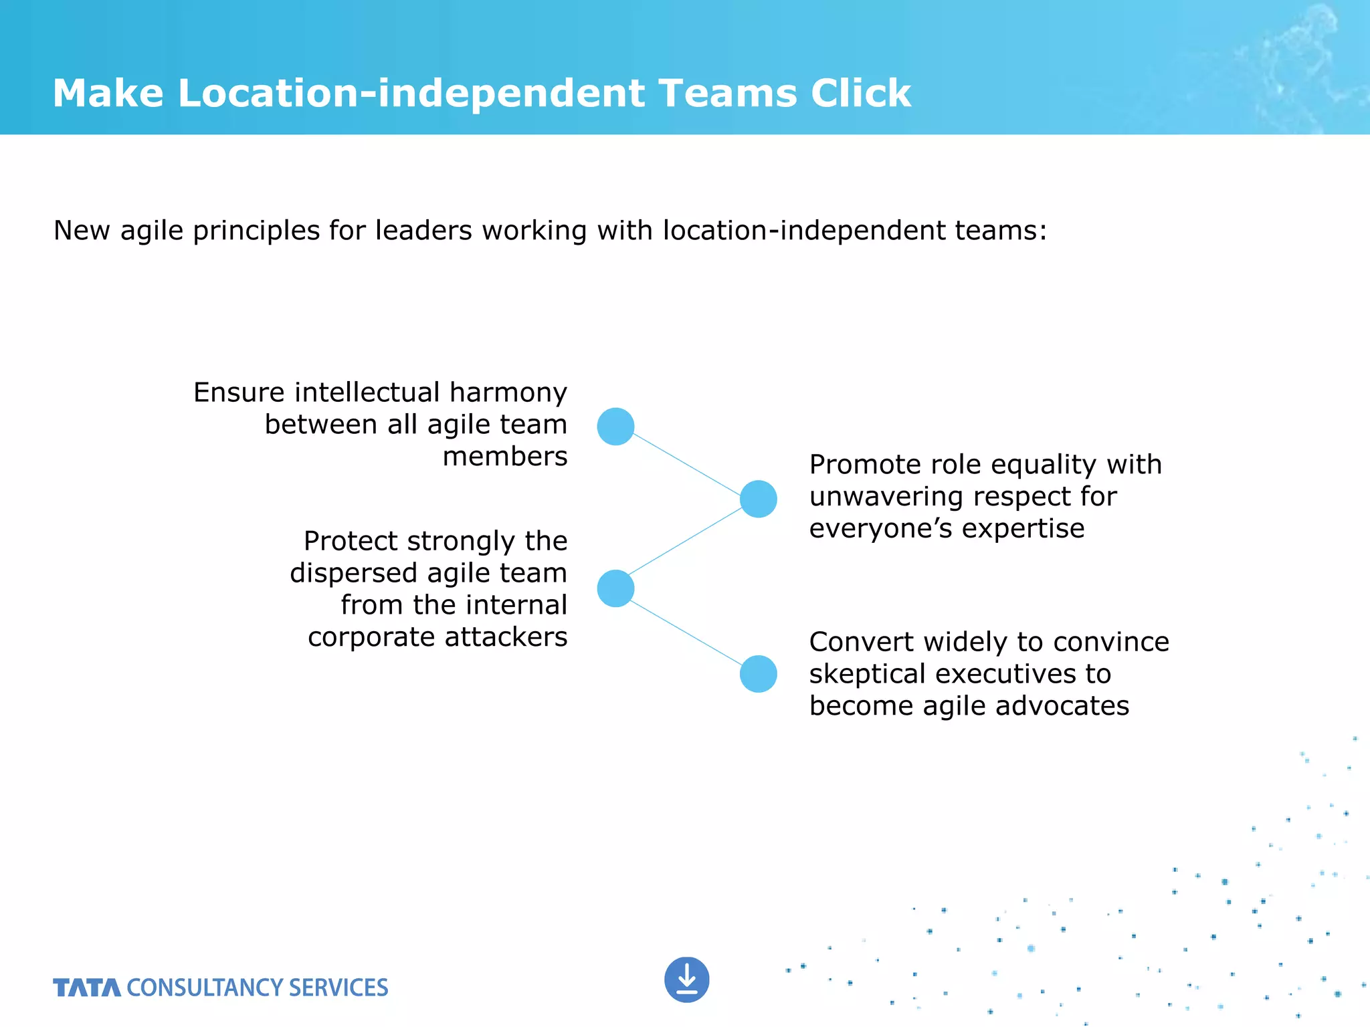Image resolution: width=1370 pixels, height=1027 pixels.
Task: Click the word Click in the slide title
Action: [x=861, y=93]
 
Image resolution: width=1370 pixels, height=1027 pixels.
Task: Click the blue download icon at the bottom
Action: [x=686, y=980]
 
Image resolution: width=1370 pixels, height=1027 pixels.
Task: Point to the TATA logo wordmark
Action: [x=87, y=988]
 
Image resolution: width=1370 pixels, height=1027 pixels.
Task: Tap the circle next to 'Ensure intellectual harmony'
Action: [x=615, y=427]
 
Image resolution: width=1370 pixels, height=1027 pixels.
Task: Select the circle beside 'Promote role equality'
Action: [x=758, y=499]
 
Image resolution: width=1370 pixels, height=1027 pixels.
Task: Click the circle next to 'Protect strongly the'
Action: [x=615, y=588]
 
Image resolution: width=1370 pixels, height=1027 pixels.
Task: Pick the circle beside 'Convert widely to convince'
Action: [x=758, y=673]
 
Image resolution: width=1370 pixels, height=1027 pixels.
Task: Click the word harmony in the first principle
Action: [x=508, y=392]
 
